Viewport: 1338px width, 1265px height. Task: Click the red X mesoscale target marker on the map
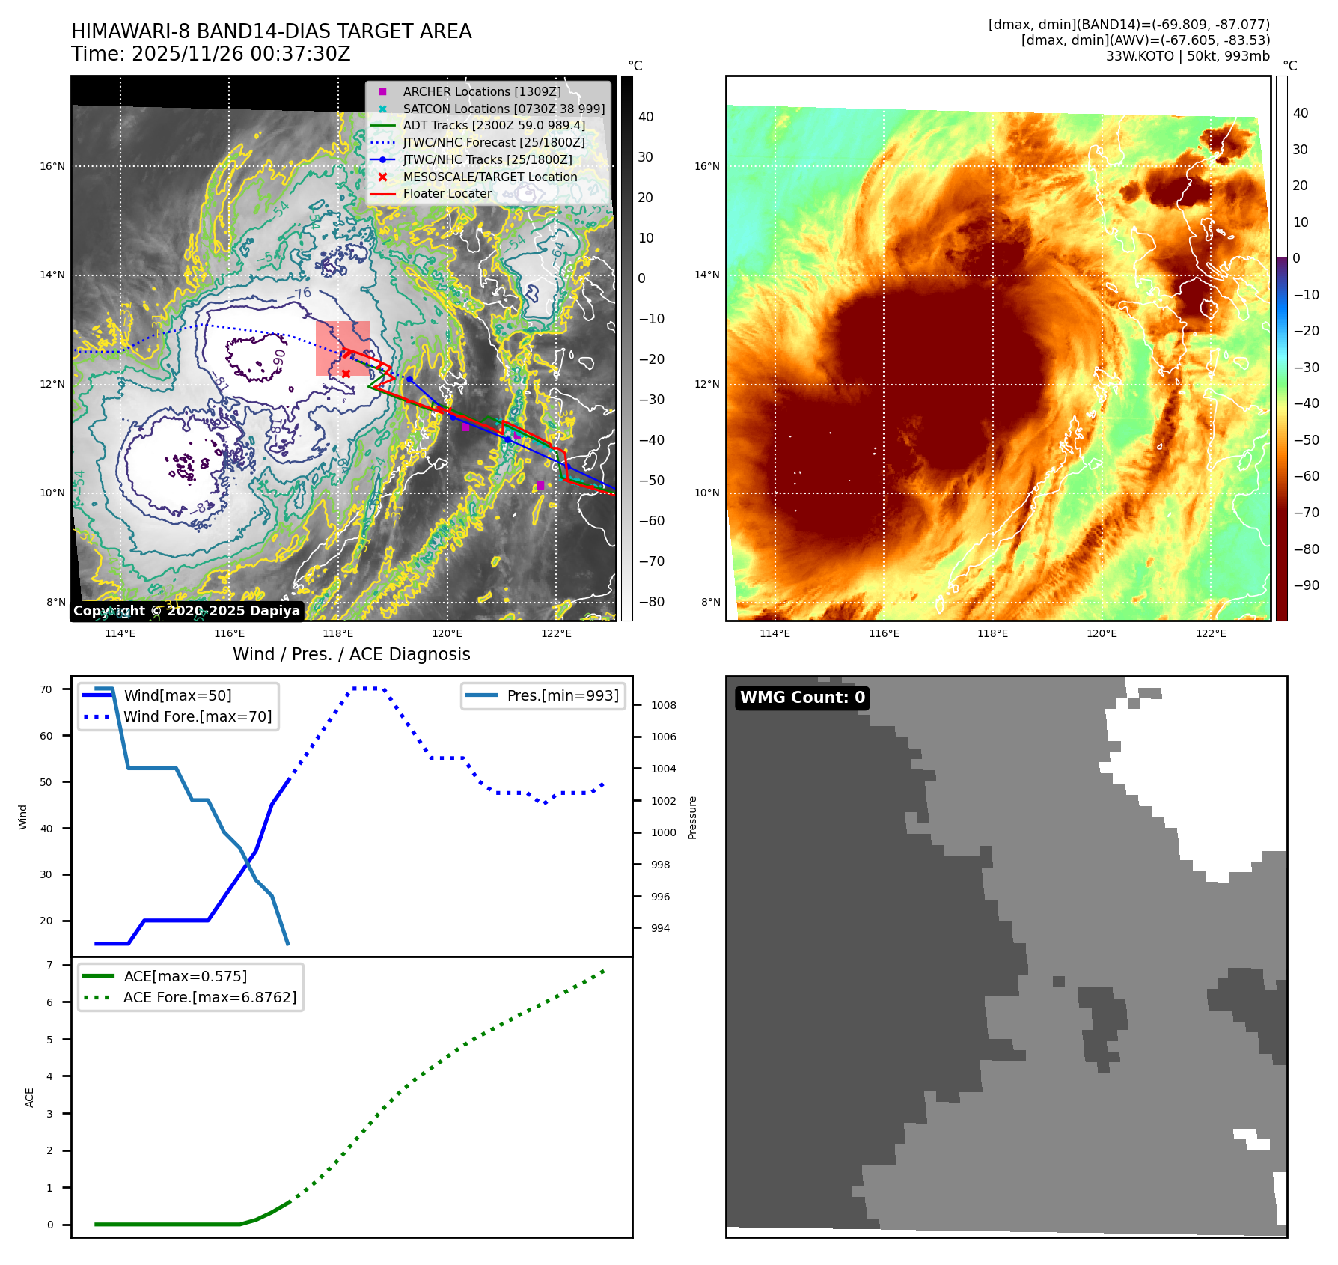346,374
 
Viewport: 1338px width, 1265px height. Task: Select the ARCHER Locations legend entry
481,91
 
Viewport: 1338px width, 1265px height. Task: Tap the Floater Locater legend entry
447,193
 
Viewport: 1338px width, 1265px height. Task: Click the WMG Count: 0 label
802,698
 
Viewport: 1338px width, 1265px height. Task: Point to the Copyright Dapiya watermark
186,611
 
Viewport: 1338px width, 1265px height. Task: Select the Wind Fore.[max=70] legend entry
198,716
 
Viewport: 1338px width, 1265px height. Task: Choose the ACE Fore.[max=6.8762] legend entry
210,997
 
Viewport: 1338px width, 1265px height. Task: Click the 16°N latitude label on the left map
52,166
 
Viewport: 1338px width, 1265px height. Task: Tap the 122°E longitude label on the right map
1211,633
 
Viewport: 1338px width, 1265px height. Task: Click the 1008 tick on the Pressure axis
663,705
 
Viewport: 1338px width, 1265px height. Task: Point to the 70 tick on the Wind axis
46,689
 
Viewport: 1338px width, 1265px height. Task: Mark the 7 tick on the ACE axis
49,965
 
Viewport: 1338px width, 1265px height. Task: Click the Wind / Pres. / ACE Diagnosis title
351,654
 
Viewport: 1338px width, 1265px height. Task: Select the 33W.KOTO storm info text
1188,56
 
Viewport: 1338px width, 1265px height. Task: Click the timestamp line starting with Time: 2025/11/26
210,54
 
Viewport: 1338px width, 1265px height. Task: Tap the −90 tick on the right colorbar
1306,585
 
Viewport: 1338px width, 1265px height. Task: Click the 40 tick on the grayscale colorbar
646,117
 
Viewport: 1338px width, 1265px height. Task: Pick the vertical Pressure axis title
692,817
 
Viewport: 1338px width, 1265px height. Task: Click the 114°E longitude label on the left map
120,633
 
